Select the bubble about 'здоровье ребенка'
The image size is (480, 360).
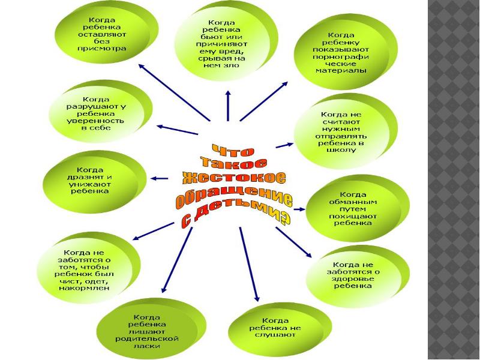(355, 275)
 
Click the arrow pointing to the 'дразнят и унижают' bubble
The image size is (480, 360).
(159, 178)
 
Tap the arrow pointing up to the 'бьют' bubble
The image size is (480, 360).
(227, 106)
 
